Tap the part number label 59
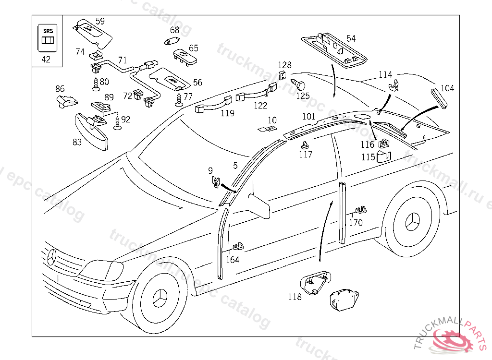100,21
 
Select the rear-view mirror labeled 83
91,132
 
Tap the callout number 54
351,38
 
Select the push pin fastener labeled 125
300,86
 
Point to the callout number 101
308,116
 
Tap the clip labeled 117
305,144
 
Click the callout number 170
356,222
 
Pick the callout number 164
233,260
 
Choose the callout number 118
295,297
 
